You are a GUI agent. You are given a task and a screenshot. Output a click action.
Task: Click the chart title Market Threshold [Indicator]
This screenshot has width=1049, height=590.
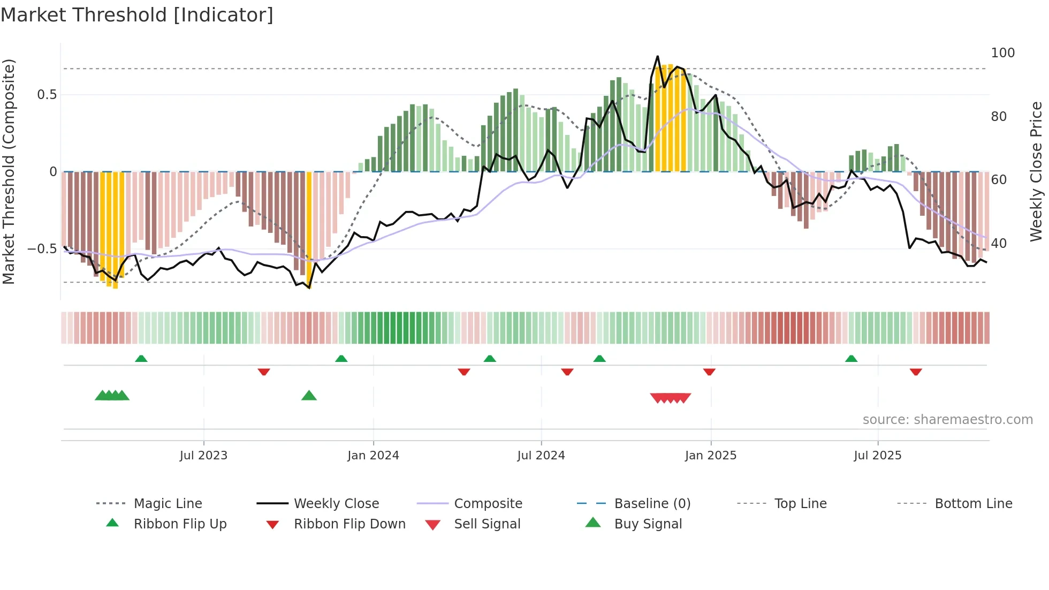point(137,15)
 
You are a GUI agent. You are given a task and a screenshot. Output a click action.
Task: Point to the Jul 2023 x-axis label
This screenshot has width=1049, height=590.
point(203,456)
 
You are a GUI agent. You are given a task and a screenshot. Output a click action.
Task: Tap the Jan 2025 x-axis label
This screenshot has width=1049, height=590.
point(711,456)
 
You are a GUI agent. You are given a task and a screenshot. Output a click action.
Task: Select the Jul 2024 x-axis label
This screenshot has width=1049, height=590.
point(541,456)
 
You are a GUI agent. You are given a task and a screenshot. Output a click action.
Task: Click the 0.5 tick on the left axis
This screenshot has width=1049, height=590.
point(47,95)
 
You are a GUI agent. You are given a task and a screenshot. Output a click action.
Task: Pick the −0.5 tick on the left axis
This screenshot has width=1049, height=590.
point(42,249)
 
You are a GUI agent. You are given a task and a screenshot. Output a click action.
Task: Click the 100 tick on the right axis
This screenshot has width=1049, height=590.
point(1002,53)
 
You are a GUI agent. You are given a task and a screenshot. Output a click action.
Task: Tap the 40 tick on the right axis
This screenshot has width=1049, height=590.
point(999,244)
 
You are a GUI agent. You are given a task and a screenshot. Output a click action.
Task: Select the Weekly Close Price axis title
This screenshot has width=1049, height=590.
point(1036,171)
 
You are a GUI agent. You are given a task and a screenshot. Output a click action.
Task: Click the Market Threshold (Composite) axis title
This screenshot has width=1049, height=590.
point(9,171)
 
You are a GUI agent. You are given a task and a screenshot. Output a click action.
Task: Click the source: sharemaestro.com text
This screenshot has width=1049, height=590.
point(947,420)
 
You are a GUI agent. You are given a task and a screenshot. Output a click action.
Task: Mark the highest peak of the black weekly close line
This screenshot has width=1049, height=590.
point(658,56)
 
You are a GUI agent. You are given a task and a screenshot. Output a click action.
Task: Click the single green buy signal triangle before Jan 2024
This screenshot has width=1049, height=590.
point(309,396)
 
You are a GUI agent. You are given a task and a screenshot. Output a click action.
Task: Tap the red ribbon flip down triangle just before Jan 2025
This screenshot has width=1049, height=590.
point(709,372)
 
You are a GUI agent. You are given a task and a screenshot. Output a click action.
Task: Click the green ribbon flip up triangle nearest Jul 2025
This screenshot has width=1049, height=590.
point(851,359)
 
